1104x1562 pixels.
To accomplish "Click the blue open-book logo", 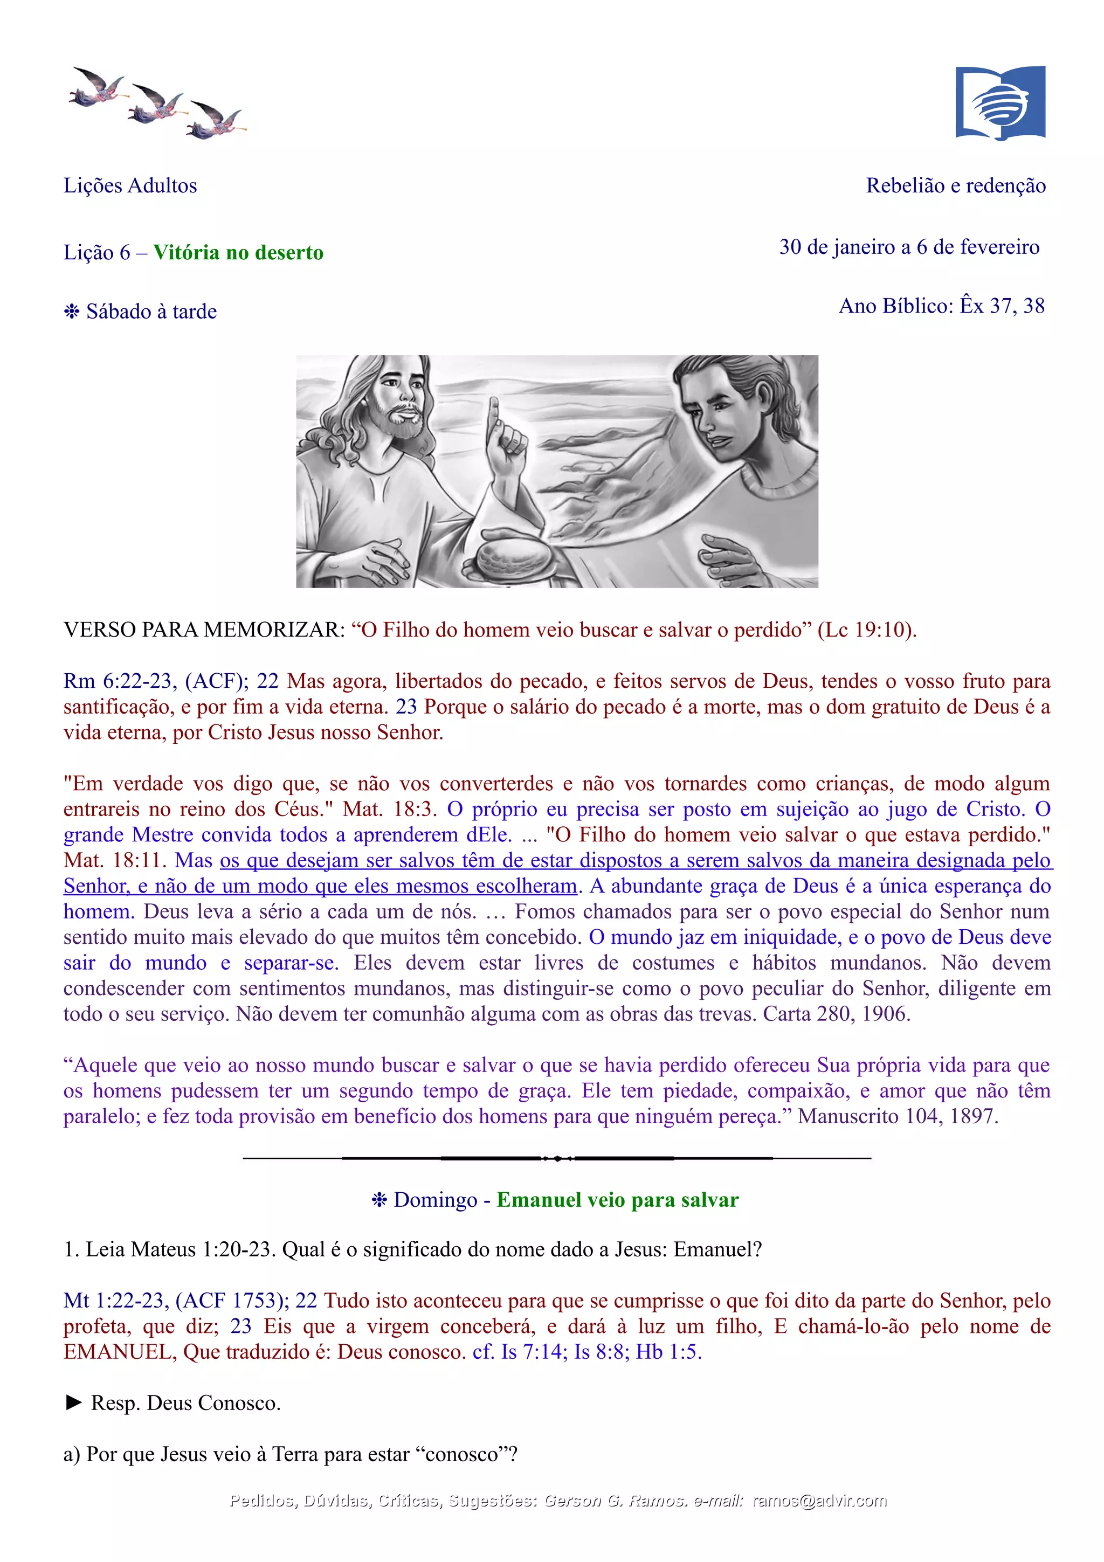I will pos(999,103).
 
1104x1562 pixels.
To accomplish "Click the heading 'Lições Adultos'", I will pos(130,186).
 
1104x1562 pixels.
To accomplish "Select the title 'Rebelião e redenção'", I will pos(955,186).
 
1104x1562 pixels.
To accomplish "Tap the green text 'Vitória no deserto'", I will pos(238,252).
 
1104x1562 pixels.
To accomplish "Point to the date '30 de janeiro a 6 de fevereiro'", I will pos(909,247).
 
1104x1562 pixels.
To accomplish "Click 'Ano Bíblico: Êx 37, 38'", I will pos(941,306).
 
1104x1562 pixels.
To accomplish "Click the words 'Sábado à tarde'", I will pos(151,312).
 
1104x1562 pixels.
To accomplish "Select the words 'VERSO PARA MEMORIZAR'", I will pos(204,630).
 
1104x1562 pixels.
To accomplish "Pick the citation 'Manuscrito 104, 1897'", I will pos(897,1117).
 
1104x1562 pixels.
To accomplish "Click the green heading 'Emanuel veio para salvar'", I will pos(617,1200).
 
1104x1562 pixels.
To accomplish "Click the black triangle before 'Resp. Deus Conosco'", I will pos(73,1403).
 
